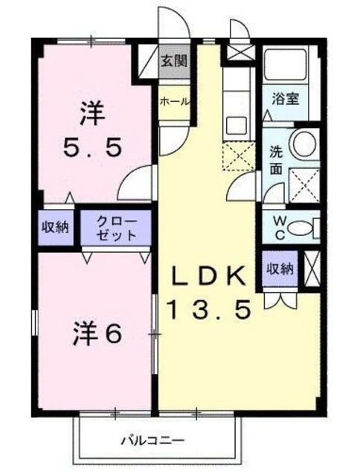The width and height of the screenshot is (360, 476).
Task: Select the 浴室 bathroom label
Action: pyautogui.click(x=286, y=97)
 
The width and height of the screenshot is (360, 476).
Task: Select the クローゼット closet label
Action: pyautogui.click(x=116, y=228)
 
